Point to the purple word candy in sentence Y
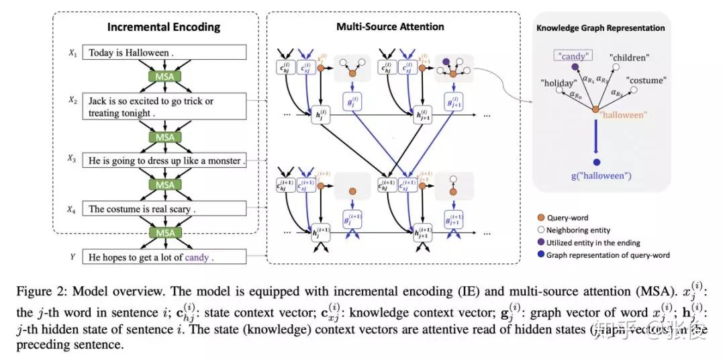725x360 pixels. [197, 257]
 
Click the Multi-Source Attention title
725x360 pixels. [390, 27]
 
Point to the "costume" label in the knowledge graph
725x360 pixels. [645, 81]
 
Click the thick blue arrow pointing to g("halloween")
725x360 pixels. [596, 142]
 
